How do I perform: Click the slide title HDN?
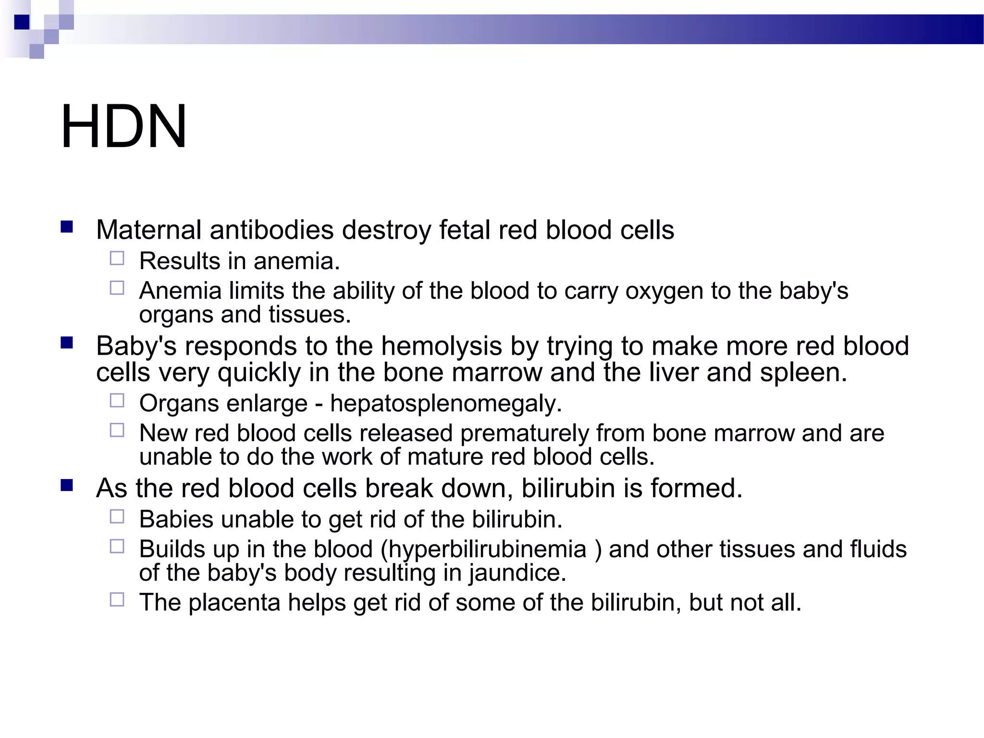coord(123,126)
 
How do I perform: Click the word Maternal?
coord(148,230)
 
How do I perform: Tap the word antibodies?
coord(271,230)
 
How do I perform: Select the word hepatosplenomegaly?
coord(445,404)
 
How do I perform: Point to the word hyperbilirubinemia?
coord(487,549)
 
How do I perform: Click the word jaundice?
coord(517,573)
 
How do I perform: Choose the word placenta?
coord(234,603)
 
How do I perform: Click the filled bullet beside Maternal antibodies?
coord(67,227)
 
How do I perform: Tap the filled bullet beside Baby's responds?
coord(67,343)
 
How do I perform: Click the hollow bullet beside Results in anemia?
coord(117,258)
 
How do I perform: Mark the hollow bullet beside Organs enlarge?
coord(117,400)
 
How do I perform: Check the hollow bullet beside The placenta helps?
coord(117,599)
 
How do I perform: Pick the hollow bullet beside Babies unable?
coord(117,517)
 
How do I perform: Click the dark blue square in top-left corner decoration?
coord(22,22)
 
